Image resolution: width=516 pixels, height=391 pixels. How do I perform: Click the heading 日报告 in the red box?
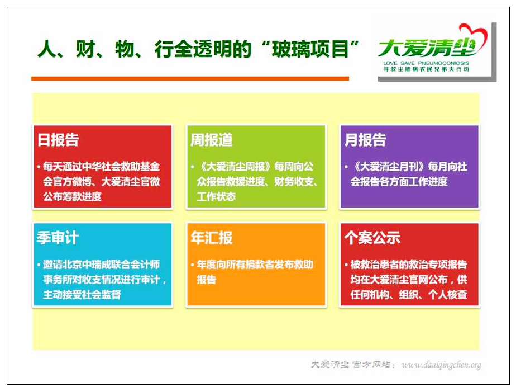coord(58,140)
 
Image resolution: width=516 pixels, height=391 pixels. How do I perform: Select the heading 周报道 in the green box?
coord(212,140)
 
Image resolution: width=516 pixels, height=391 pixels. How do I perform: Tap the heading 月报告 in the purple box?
coord(365,140)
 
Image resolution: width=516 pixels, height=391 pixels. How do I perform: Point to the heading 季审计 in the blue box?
coord(58,238)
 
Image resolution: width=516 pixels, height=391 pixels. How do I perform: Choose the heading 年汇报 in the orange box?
coord(212,238)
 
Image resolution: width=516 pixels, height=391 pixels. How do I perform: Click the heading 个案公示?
coord(372,238)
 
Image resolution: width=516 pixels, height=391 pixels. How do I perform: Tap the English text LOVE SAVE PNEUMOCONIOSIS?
coord(426,63)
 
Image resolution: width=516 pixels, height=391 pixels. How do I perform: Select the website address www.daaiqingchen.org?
coord(441,365)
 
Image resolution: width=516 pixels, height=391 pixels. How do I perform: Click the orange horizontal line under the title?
coord(190,78)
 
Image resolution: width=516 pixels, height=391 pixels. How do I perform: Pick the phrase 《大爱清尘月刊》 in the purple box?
coord(389,167)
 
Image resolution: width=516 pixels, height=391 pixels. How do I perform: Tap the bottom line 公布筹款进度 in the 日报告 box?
coord(73,197)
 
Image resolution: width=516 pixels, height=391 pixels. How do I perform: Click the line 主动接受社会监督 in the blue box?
coord(82,294)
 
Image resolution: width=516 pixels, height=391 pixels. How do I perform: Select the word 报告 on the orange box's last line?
coord(206,280)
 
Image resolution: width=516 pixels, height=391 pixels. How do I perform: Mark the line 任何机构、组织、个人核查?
coord(409,294)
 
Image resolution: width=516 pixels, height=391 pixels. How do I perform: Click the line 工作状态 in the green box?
coord(216,197)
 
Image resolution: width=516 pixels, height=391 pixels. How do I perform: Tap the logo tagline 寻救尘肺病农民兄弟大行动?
coord(426,69)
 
